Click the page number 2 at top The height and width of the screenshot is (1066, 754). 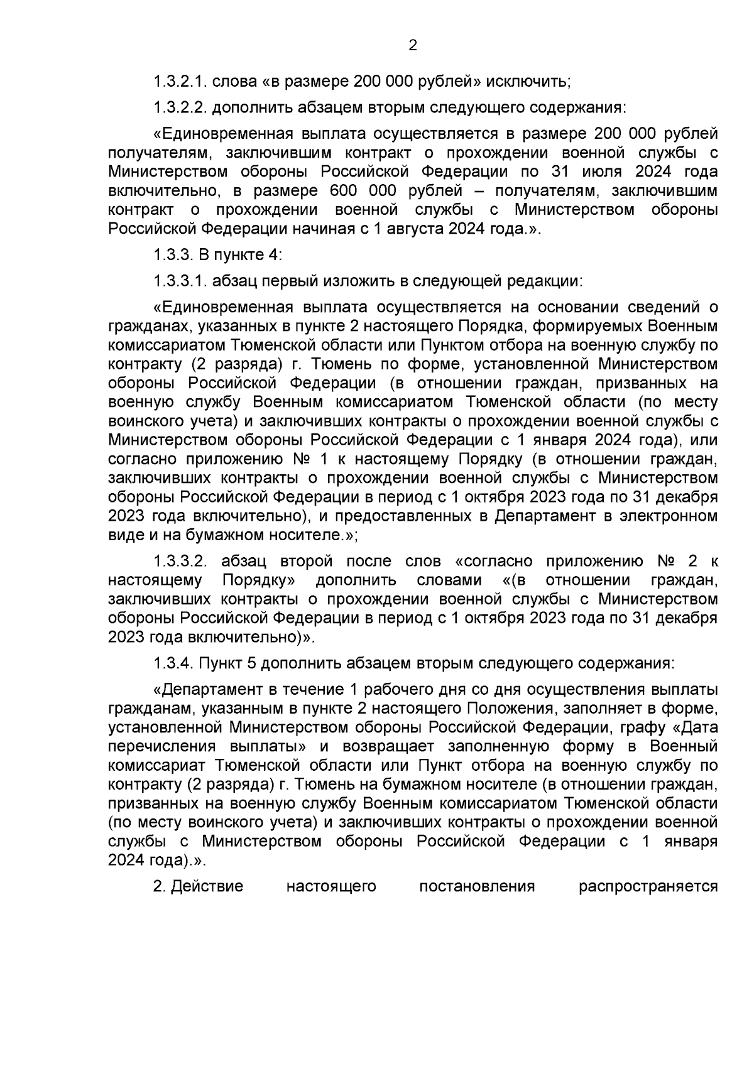pos(413,45)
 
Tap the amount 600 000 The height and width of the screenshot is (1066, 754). pos(358,191)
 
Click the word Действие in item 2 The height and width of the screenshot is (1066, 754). pos(207,886)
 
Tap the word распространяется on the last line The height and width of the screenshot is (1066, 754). pos(648,886)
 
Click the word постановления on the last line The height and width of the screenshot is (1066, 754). pos(476,886)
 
